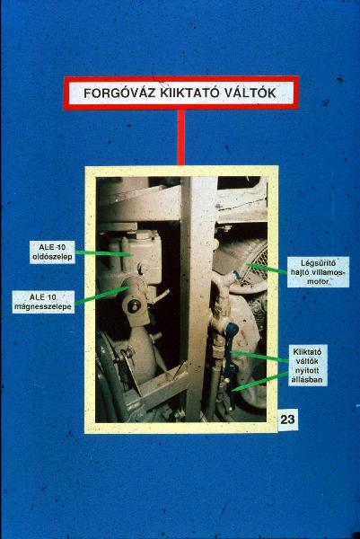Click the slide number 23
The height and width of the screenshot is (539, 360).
tap(287, 420)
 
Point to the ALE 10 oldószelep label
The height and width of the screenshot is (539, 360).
tap(52, 252)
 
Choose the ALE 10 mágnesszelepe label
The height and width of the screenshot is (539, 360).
tap(43, 302)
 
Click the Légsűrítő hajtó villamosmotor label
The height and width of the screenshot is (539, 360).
tap(318, 272)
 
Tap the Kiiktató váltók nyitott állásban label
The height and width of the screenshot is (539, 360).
tap(307, 366)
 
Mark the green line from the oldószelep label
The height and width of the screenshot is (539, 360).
tap(103, 253)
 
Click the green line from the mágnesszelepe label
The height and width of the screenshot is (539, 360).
tap(102, 296)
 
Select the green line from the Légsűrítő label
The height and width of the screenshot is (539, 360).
tap(268, 269)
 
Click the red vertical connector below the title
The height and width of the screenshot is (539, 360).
tap(181, 137)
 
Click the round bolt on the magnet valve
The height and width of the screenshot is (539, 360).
tap(134, 305)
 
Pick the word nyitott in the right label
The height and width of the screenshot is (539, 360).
tap(307, 370)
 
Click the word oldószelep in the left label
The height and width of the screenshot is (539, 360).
tap(52, 257)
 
